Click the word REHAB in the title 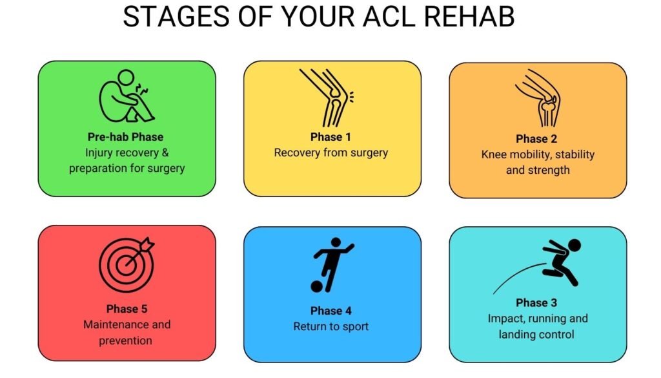point(469,17)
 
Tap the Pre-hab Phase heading point(126,137)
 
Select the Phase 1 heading point(331,137)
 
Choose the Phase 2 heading point(536,139)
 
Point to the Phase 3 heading point(536,303)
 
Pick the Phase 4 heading point(331,311)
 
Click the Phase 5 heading point(127,310)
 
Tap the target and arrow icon point(127,264)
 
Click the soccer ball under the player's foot point(316,286)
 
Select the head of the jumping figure point(574,245)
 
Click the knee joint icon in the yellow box point(327,98)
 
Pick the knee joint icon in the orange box point(538,98)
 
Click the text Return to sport point(331,327)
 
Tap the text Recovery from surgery point(331,153)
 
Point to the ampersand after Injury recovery point(165,152)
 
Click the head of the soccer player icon point(336,242)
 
